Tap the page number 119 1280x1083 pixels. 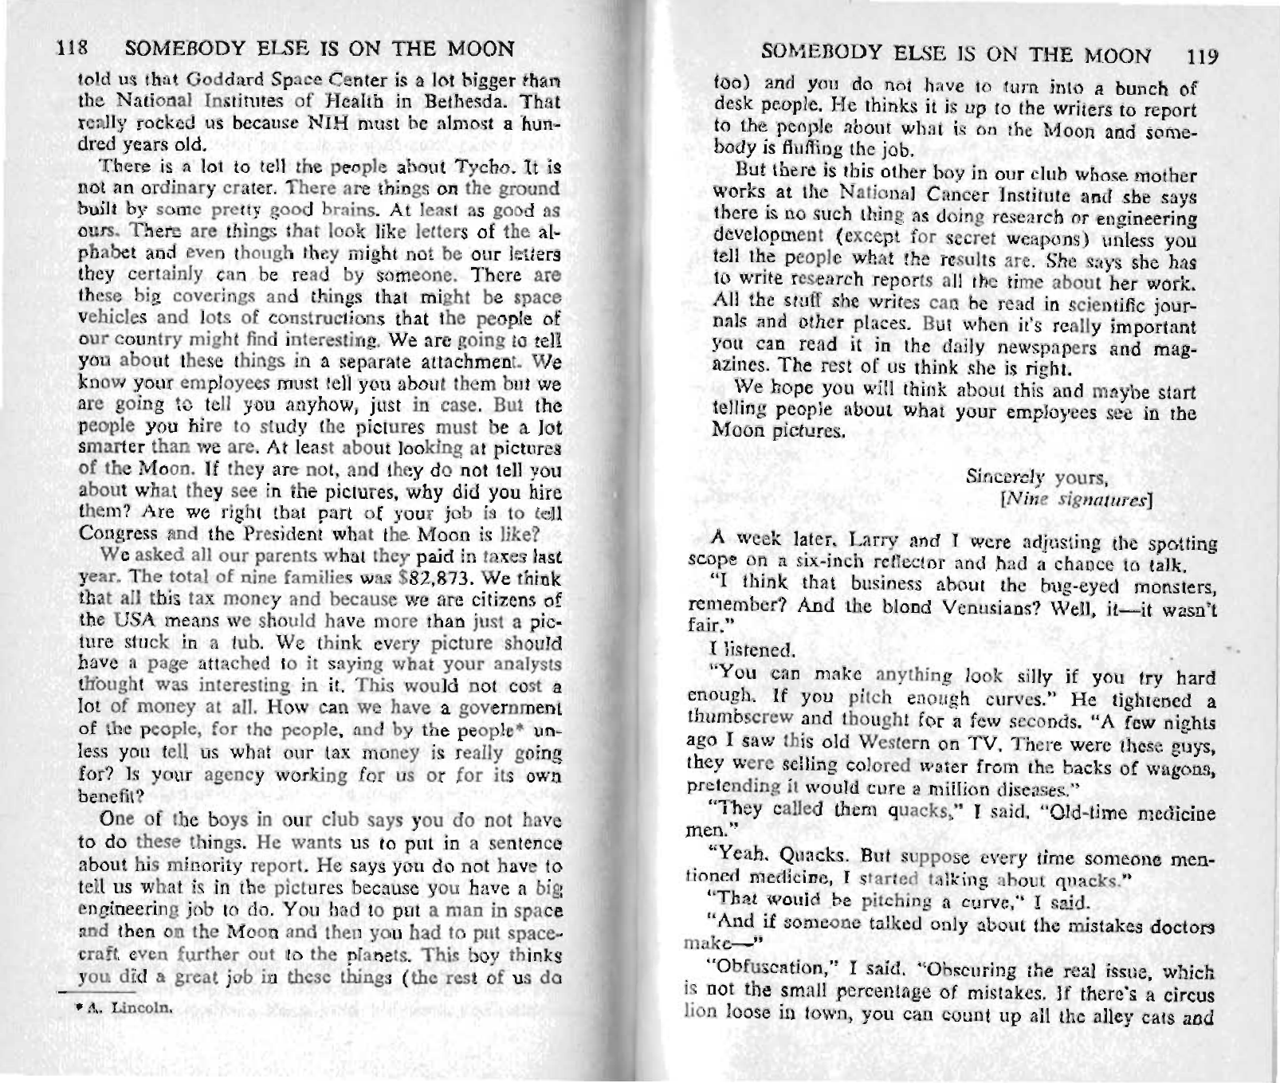click(x=1202, y=57)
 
